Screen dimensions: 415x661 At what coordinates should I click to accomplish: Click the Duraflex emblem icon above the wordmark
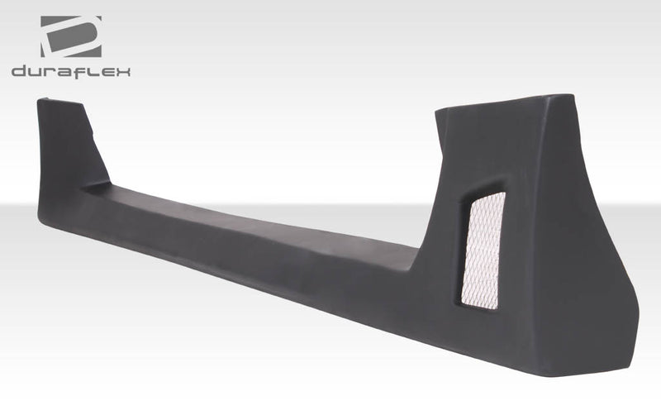pyautogui.click(x=71, y=36)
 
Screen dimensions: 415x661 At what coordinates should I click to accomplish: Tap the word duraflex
pyautogui.click(x=71, y=72)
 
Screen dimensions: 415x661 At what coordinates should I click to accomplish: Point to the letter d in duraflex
pyautogui.click(x=20, y=72)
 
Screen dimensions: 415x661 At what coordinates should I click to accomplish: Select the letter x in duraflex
pyautogui.click(x=123, y=73)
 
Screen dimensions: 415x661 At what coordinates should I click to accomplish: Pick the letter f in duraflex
pyautogui.click(x=83, y=72)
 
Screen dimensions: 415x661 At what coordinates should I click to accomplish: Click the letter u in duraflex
pyautogui.click(x=36, y=73)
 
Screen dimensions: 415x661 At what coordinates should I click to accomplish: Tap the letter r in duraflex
pyautogui.click(x=50, y=73)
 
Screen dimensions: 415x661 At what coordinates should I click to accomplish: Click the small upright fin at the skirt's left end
pyautogui.click(x=70, y=145)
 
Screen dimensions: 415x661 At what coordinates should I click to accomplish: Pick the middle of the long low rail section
pyautogui.click(x=248, y=244)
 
